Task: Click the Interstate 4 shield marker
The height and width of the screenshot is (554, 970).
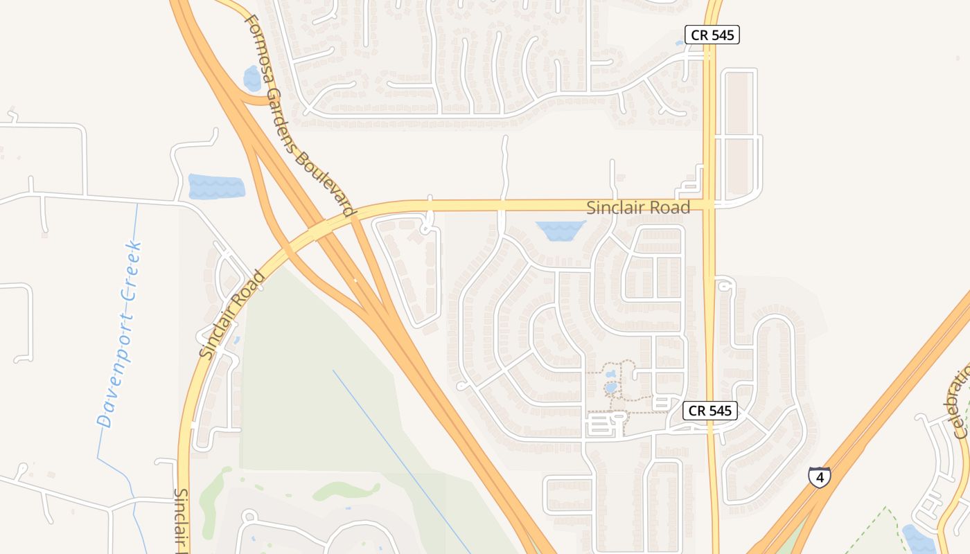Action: point(820,477)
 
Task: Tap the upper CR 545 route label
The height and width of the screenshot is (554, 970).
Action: point(712,35)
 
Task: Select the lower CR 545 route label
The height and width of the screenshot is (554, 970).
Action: point(710,410)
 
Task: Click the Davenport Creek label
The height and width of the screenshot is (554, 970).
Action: point(120,334)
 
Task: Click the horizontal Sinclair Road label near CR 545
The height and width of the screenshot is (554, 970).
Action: point(638,208)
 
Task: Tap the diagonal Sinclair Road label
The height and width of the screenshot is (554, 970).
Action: point(232,314)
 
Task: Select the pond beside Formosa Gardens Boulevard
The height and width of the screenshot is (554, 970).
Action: point(252,79)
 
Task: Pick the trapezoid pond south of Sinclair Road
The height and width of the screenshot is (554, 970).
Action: point(560,231)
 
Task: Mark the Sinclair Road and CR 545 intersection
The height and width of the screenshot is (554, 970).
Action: point(709,205)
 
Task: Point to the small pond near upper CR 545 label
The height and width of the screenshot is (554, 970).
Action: point(680,44)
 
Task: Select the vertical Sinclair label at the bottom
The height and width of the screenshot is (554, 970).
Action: point(182,519)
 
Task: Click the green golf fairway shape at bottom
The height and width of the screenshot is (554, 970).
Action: point(346,491)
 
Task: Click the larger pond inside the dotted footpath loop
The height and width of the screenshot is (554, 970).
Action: point(610,387)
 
